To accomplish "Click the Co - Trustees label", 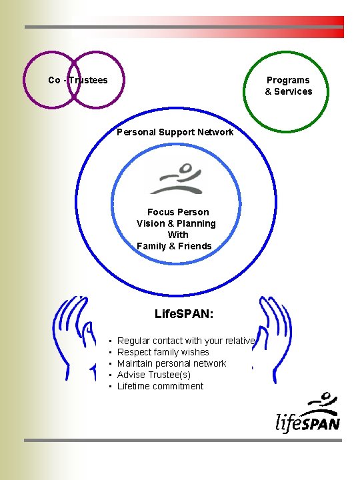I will [x=78, y=80].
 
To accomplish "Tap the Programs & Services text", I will [x=288, y=86].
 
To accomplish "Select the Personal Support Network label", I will [x=175, y=132].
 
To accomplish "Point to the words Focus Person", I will [x=178, y=212].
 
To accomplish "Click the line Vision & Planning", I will [x=176, y=223].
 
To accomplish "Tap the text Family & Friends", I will [x=174, y=246].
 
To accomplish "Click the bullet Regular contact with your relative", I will [x=186, y=341].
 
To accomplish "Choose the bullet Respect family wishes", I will [x=163, y=352].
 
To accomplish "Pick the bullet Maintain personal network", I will [x=171, y=363].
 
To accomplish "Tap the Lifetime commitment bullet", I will [x=160, y=386].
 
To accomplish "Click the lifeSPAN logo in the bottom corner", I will [x=308, y=413].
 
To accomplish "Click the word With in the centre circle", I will [x=178, y=235].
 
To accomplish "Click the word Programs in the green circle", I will [x=288, y=80].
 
